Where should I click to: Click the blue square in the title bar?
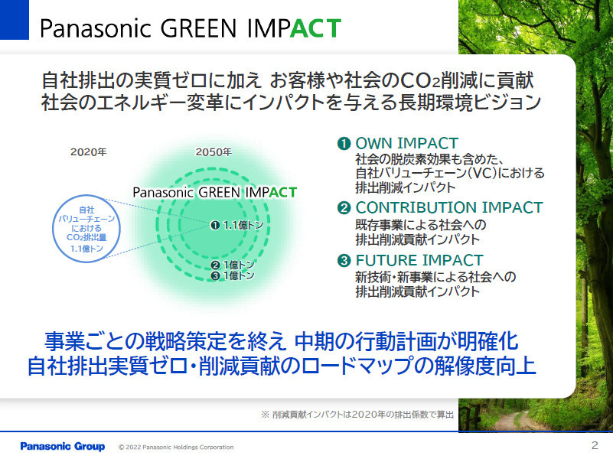click(x=14, y=20)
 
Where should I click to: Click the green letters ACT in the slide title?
click(x=315, y=28)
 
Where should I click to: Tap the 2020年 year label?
click(x=88, y=152)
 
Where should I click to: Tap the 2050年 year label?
click(x=214, y=152)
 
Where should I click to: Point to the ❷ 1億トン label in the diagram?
click(x=233, y=265)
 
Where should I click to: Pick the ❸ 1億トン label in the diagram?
click(x=233, y=275)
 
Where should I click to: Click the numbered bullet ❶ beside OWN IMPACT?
click(x=344, y=143)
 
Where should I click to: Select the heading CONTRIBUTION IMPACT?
click(x=449, y=207)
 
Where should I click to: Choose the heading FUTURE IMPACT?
click(x=419, y=260)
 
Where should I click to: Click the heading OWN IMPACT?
click(x=406, y=143)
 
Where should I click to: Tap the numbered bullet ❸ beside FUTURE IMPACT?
click(x=344, y=260)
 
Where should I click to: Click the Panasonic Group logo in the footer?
click(x=63, y=446)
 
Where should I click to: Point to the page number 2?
click(x=595, y=445)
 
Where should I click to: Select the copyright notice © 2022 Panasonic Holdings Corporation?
click(x=176, y=447)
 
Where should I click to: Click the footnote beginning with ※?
click(x=357, y=415)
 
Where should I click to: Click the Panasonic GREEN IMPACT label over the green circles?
click(x=214, y=192)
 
